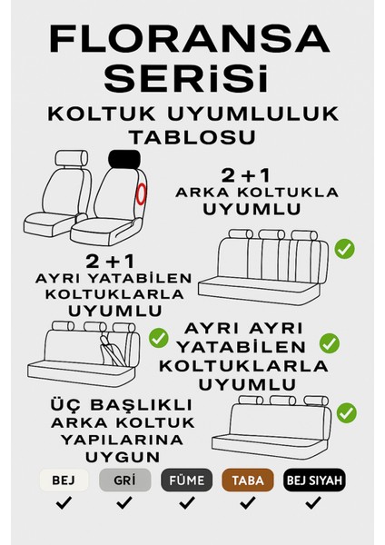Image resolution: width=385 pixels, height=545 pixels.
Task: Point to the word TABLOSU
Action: point(192,135)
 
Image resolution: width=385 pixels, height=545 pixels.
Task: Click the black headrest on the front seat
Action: point(129,160)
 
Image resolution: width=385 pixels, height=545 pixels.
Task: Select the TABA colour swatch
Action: point(248,480)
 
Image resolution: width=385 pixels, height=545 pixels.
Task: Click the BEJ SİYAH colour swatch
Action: point(313,480)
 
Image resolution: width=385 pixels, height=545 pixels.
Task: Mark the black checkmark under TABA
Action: point(248,502)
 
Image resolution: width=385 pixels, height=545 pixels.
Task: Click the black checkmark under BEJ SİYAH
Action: point(313,502)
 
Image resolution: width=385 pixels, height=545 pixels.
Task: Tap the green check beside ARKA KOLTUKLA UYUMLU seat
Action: point(344,248)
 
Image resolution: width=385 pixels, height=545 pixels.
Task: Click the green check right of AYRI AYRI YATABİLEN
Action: point(330,342)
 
